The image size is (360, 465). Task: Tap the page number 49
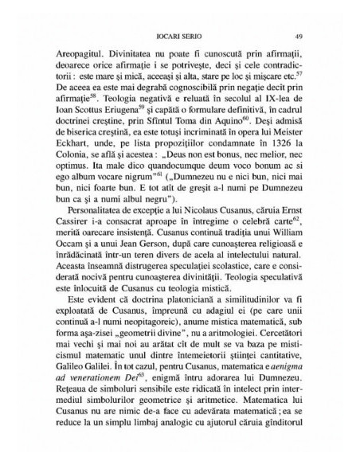[296, 36]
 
